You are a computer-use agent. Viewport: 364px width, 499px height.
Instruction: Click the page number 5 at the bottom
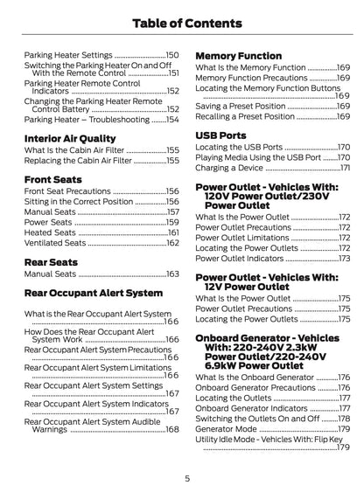pos(187,478)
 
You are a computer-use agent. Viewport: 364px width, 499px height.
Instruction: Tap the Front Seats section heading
pos(59,178)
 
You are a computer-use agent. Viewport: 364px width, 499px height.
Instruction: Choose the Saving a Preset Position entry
pos(243,106)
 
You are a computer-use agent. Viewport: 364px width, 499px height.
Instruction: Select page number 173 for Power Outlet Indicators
pos(343,259)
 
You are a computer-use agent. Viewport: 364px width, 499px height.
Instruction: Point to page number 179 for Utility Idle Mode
pos(343,449)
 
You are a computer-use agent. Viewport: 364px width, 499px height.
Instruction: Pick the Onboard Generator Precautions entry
pos(254,388)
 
